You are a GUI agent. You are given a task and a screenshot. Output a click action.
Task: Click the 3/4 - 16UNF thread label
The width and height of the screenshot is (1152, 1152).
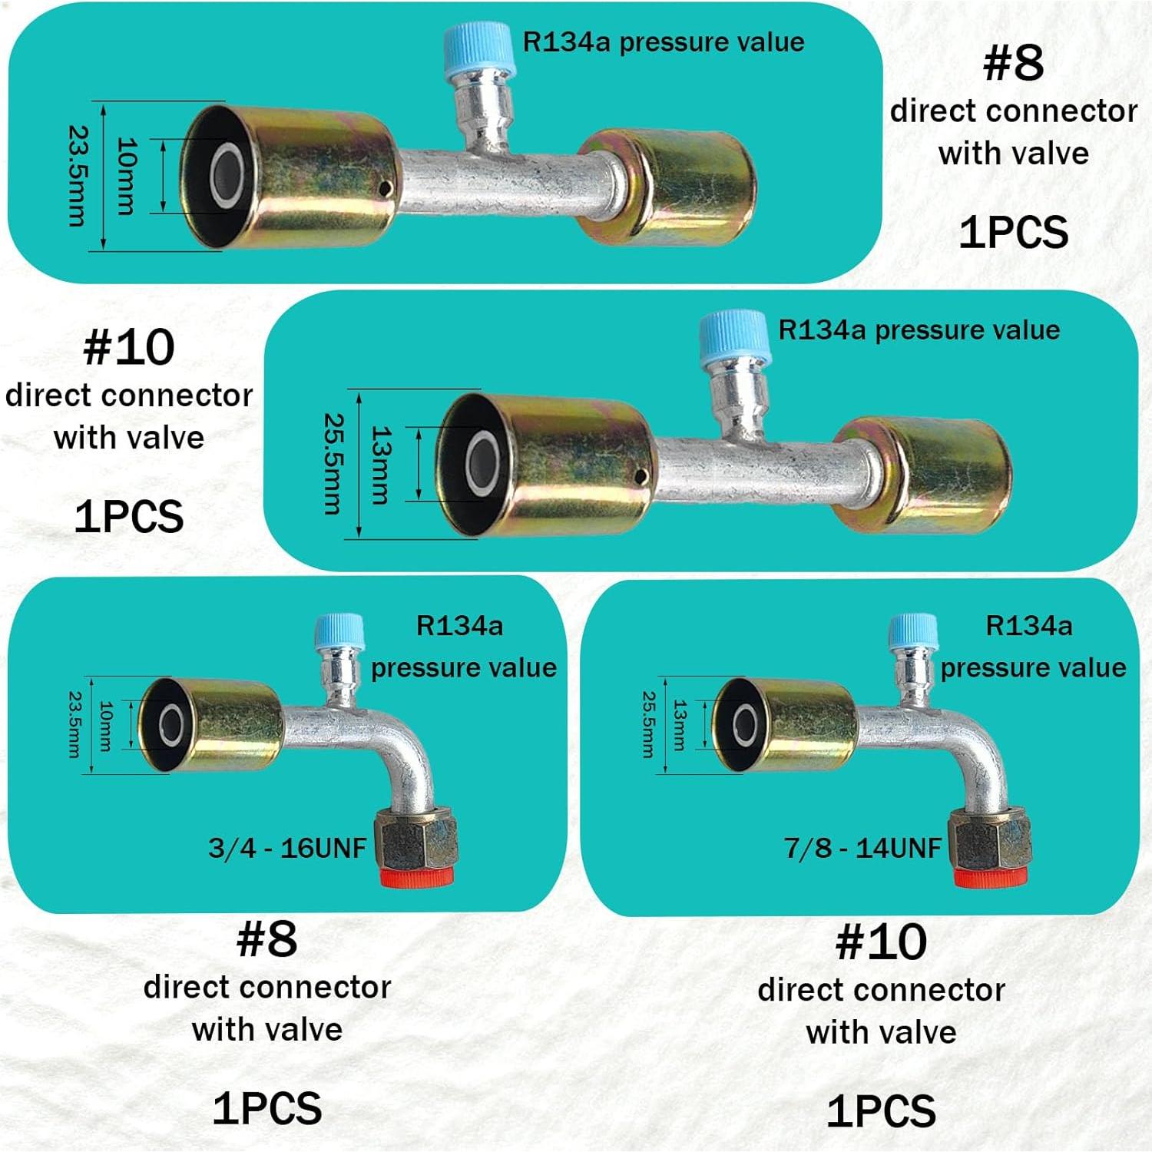click(287, 848)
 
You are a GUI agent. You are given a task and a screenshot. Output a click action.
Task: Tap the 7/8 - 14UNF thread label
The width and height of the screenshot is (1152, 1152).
click(862, 848)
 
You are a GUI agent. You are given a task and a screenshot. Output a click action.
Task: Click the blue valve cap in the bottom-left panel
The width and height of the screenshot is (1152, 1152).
click(339, 634)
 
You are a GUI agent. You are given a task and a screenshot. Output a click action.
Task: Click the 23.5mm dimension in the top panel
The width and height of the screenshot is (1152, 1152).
click(78, 176)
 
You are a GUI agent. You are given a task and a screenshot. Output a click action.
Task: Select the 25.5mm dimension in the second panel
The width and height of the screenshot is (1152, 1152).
click(333, 464)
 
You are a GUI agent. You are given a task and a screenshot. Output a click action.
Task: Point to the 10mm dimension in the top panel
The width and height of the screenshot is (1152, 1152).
click(125, 176)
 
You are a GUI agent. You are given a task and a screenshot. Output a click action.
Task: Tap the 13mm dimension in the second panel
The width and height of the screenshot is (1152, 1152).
click(381, 464)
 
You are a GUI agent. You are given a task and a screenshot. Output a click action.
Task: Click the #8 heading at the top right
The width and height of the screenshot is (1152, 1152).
click(1014, 63)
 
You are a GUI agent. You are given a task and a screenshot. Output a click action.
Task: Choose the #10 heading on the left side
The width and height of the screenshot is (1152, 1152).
click(129, 348)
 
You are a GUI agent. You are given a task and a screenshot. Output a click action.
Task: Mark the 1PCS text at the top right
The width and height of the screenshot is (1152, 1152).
click(1014, 232)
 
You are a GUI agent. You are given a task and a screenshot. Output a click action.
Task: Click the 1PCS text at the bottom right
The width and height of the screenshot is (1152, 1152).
click(881, 1111)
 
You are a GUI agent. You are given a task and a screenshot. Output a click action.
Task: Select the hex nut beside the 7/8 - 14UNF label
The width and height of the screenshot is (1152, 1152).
click(990, 839)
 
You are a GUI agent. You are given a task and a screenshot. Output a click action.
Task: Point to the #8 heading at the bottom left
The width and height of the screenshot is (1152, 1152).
click(267, 939)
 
